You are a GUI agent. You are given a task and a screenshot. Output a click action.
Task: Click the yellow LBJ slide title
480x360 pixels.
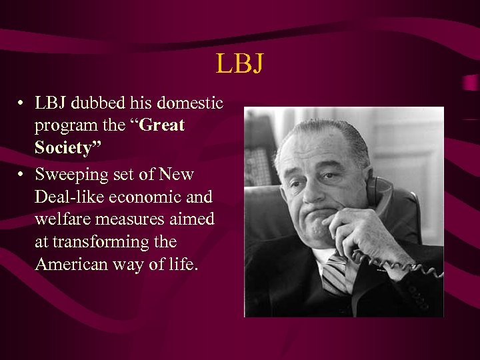pos(240,64)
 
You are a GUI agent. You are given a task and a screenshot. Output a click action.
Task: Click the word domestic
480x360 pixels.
pos(191,103)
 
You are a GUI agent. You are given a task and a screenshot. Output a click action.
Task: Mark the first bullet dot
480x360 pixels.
pos(22,104)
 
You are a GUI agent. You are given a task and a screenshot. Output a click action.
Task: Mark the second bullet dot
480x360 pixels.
pos(22,175)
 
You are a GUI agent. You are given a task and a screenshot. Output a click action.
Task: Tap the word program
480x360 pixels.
pos(62,125)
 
